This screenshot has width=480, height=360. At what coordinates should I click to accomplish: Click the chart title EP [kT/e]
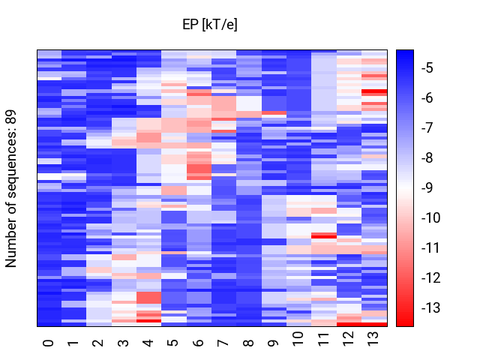pyautogui.click(x=210, y=25)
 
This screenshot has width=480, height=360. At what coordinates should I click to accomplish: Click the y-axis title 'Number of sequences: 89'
pyautogui.click(x=10, y=188)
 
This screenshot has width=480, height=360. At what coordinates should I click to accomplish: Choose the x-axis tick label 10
pyautogui.click(x=298, y=339)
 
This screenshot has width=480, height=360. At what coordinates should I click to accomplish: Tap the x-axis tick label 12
pyautogui.click(x=348, y=339)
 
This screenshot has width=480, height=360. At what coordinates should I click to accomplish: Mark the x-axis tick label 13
pyautogui.click(x=373, y=339)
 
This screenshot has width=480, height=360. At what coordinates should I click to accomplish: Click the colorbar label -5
pyautogui.click(x=427, y=67)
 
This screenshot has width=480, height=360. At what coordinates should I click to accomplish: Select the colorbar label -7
pyautogui.click(x=427, y=127)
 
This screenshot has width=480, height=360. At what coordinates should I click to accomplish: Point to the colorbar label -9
pyautogui.click(x=427, y=187)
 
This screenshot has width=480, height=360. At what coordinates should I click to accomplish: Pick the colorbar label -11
pyautogui.click(x=430, y=247)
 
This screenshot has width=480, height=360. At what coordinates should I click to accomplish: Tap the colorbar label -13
pyautogui.click(x=430, y=307)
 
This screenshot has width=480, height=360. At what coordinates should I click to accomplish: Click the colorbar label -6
pyautogui.click(x=427, y=97)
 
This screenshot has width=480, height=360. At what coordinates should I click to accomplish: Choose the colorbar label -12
pyautogui.click(x=430, y=277)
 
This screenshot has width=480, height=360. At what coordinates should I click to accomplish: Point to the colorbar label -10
pyautogui.click(x=430, y=217)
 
